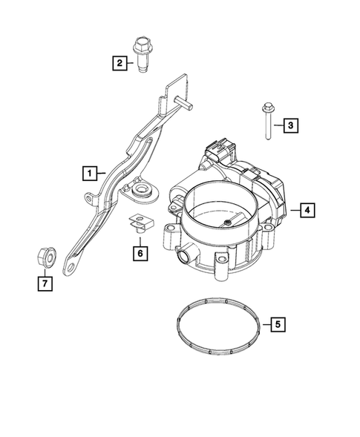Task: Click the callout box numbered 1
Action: (x=89, y=174)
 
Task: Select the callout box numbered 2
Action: (x=119, y=64)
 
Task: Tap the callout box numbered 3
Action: (x=291, y=126)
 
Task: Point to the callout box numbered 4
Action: (x=305, y=211)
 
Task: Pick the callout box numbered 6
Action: (x=138, y=253)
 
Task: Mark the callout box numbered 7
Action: (x=44, y=283)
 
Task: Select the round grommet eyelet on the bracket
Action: (x=141, y=193)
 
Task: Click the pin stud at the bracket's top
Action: (x=184, y=102)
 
